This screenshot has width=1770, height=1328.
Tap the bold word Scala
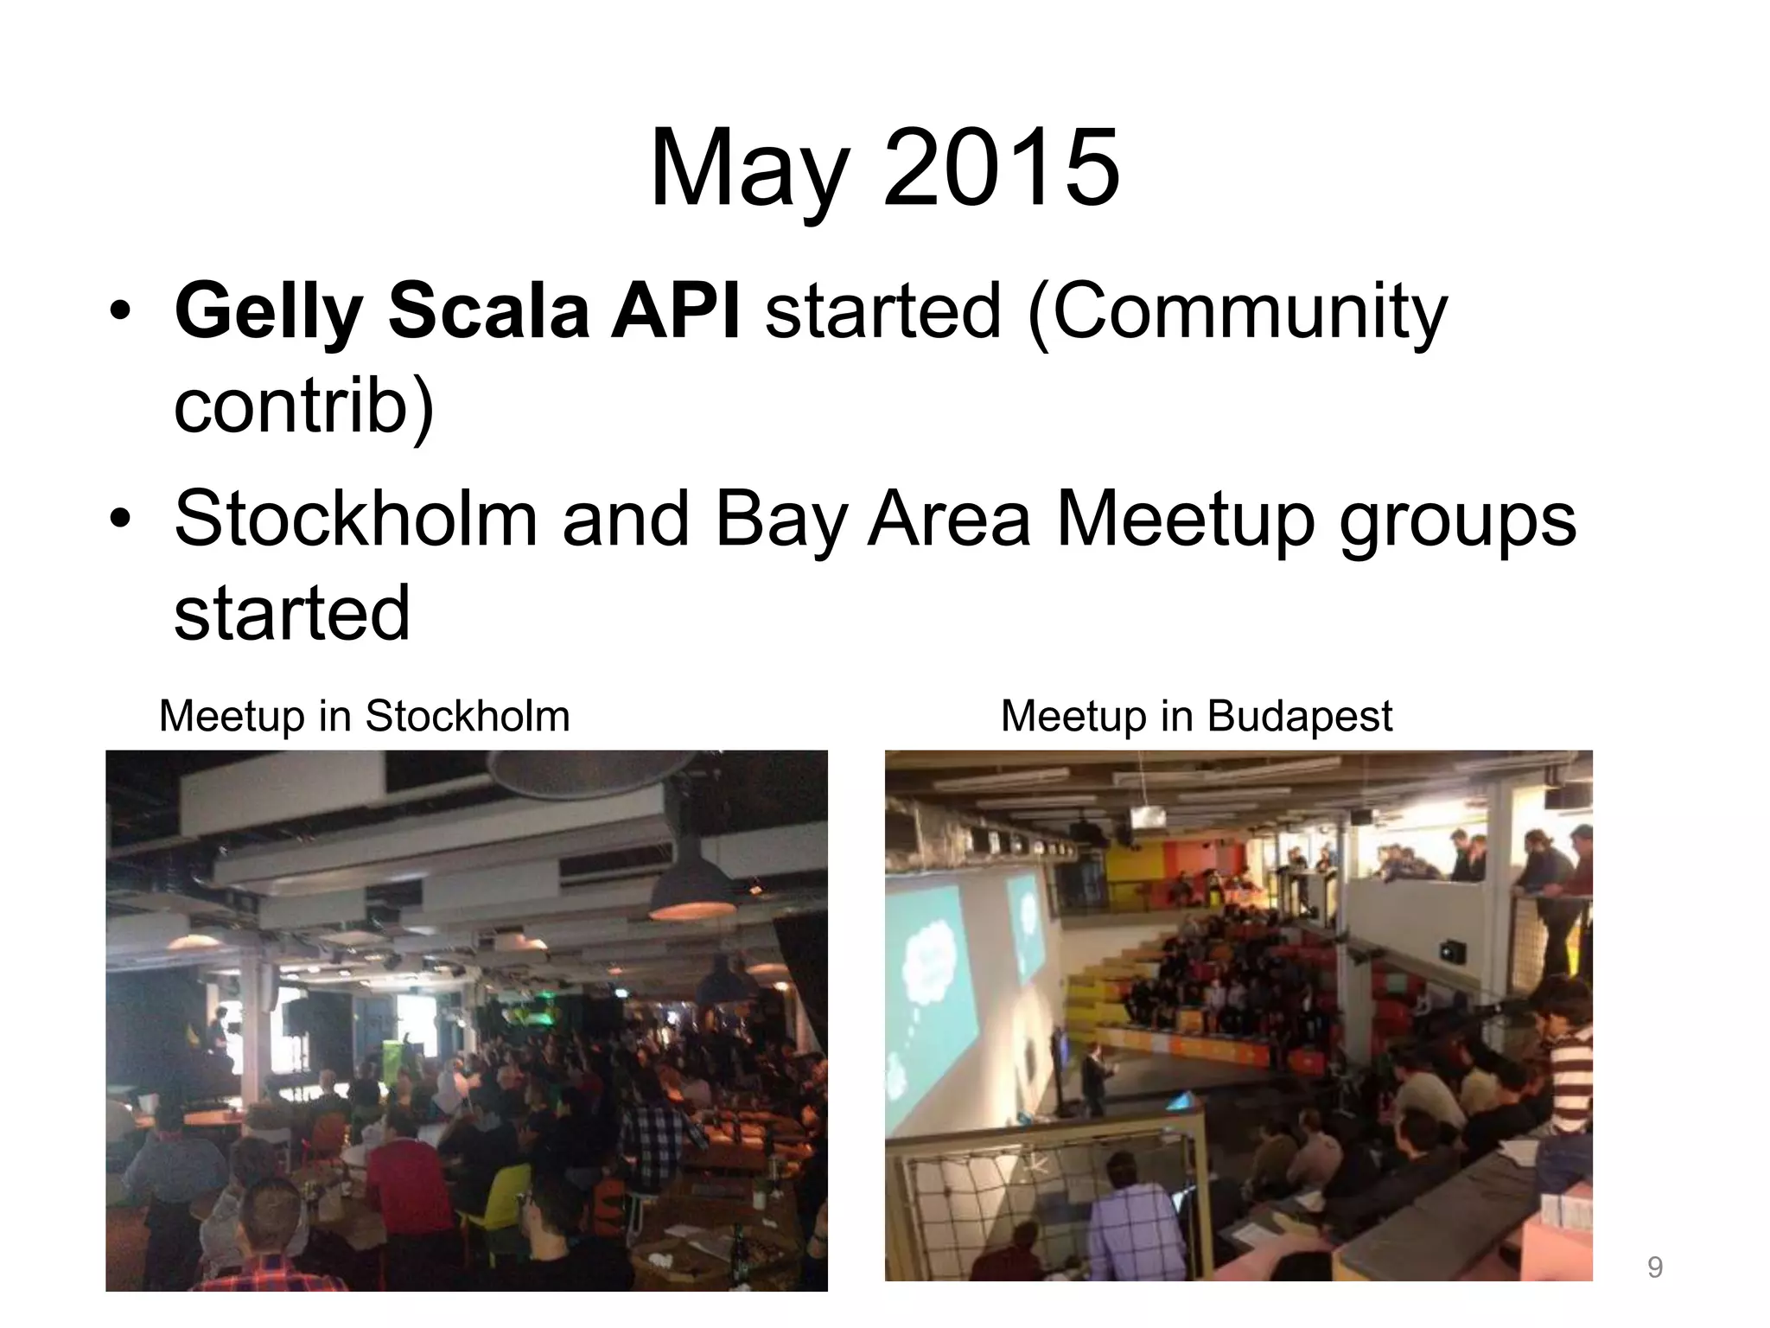tap(489, 312)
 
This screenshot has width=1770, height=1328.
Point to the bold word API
tap(675, 312)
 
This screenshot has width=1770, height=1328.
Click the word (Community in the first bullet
tap(1237, 312)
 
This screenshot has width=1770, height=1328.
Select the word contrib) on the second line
tap(303, 405)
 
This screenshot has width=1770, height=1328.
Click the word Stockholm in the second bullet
tap(355, 520)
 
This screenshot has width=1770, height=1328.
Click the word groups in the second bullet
tap(1457, 520)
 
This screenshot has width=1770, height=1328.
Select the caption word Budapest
tap(1299, 716)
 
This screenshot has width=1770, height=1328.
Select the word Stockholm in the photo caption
tap(467, 716)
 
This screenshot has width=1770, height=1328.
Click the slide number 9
tap(1655, 1267)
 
